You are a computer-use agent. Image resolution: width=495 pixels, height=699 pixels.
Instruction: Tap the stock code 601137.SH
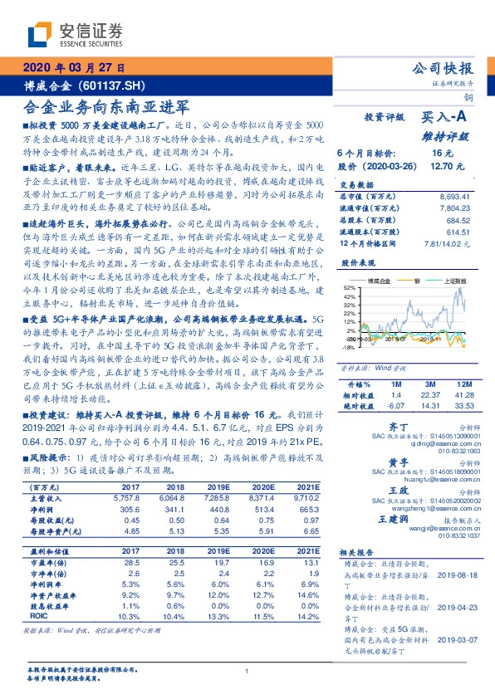click(x=116, y=85)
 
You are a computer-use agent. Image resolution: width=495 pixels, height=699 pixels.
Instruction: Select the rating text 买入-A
click(x=446, y=119)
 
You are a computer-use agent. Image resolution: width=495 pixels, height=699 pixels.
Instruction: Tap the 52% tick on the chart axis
click(x=349, y=286)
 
